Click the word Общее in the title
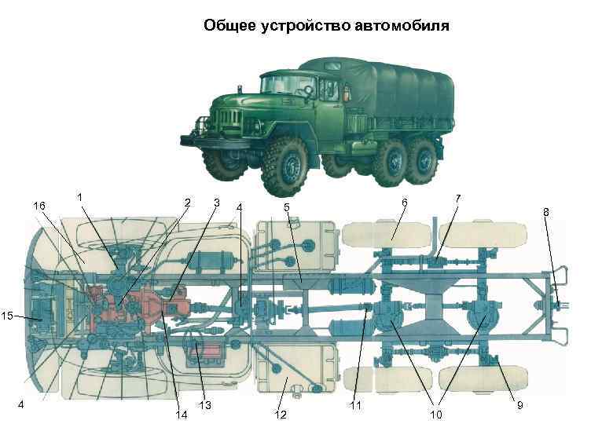[229, 25]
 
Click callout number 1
[81, 196]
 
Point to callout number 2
[187, 203]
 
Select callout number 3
[216, 203]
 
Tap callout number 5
[288, 207]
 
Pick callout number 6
[404, 203]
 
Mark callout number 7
[458, 199]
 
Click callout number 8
[546, 211]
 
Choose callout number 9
[519, 405]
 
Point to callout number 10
[435, 414]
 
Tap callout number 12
[281, 414]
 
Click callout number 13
[205, 406]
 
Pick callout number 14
[182, 414]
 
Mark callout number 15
[8, 316]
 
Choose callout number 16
[39, 206]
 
